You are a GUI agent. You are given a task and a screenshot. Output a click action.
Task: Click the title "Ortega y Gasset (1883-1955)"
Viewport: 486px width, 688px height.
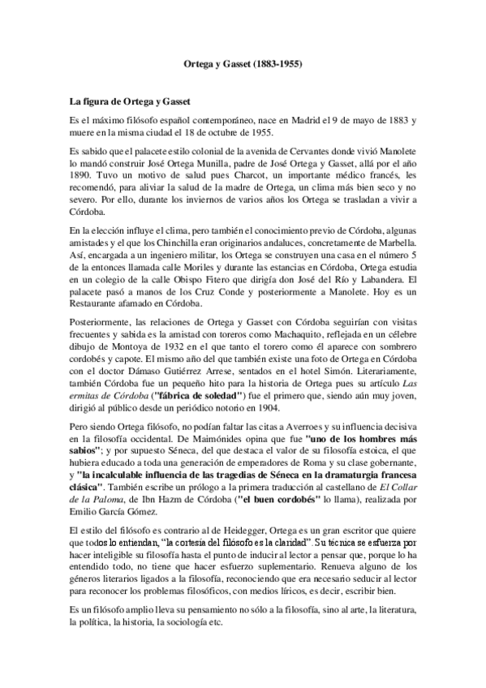point(243,61)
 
